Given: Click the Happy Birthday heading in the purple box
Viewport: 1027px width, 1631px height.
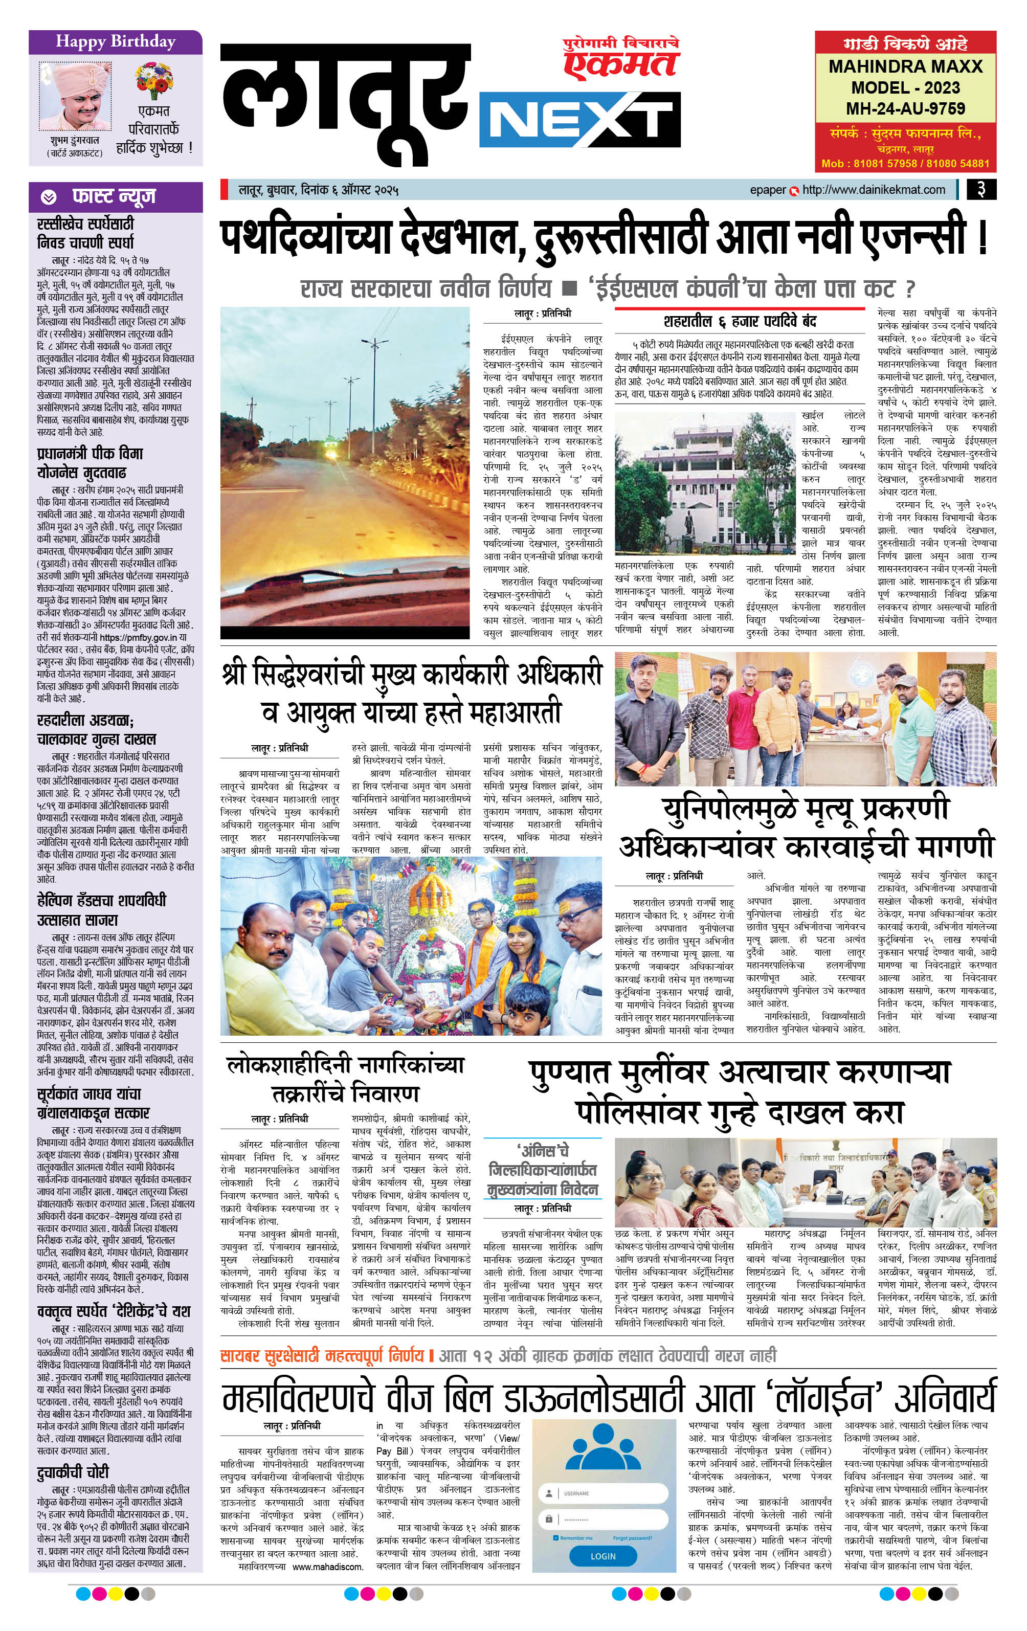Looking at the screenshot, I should (115, 42).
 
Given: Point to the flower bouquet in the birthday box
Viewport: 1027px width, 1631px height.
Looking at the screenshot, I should (154, 79).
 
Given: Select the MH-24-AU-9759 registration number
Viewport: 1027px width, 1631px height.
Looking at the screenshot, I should (905, 108).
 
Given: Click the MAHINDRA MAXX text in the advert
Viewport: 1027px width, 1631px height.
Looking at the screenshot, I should (905, 66).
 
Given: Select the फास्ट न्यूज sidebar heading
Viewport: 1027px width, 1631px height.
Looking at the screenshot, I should (114, 196).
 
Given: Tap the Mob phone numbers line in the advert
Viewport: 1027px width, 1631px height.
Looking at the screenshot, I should (905, 163).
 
